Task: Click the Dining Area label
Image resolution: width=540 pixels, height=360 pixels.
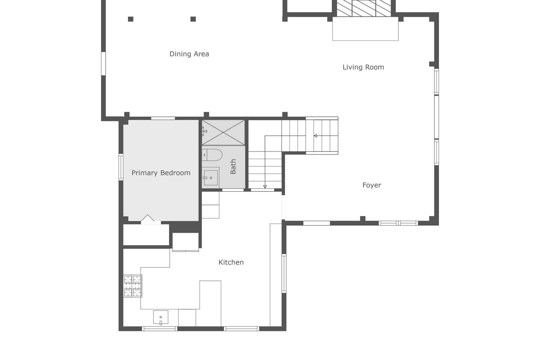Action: (x=189, y=54)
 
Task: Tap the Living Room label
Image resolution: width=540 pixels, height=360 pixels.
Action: (x=363, y=67)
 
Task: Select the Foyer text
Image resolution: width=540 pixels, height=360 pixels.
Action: (x=371, y=185)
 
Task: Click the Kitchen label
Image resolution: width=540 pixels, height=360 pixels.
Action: (x=231, y=262)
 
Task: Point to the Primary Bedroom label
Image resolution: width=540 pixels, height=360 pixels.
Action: (x=161, y=173)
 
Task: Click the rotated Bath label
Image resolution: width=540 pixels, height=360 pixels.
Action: (x=233, y=166)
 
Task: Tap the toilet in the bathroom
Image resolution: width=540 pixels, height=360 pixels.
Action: (x=212, y=155)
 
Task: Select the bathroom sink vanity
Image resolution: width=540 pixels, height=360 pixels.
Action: (x=210, y=178)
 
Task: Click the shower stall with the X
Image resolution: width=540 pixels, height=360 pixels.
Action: (x=223, y=132)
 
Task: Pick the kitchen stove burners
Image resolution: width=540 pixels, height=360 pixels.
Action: (x=133, y=286)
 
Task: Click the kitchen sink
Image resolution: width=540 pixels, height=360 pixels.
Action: (x=160, y=317)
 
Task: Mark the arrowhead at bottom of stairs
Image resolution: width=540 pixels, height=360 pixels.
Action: (x=265, y=187)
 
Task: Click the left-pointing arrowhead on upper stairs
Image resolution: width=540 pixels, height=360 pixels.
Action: (x=315, y=136)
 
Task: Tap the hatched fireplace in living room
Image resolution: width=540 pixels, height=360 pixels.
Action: (x=364, y=8)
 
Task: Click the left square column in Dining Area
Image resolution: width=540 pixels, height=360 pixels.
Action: (x=130, y=19)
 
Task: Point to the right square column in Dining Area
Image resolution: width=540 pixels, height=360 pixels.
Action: (x=193, y=19)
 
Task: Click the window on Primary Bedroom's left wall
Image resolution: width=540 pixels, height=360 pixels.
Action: (x=121, y=167)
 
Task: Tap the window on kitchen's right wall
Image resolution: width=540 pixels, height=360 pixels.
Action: (x=284, y=273)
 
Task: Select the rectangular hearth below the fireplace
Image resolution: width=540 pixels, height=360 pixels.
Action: (x=365, y=28)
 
